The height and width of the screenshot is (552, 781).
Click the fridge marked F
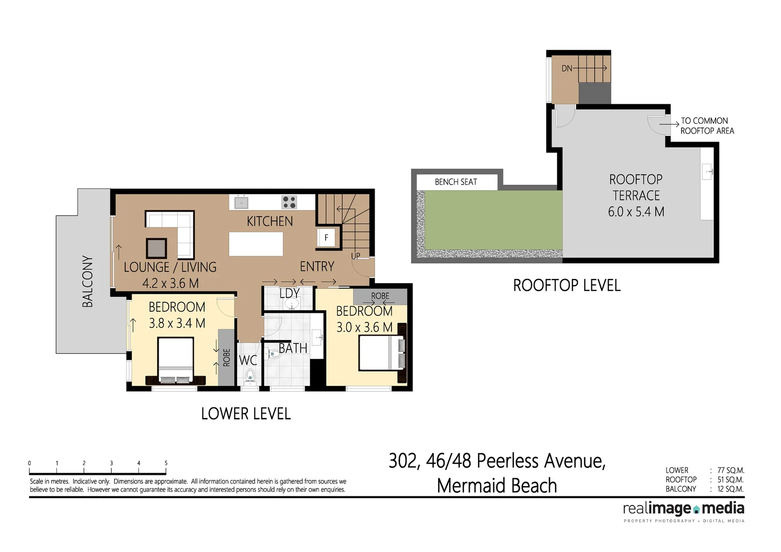pyautogui.click(x=326, y=238)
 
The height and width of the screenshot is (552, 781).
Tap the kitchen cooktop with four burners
pyautogui.click(x=289, y=202)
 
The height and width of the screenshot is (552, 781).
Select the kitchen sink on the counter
pyautogui.click(x=241, y=202)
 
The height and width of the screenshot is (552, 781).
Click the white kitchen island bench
pyautogui.click(x=256, y=244)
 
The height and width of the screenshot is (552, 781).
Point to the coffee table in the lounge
pyautogui.click(x=156, y=248)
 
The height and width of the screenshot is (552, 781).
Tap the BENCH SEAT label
pyautogui.click(x=456, y=182)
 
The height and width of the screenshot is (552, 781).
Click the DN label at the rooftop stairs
pyautogui.click(x=567, y=68)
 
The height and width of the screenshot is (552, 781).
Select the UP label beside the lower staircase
pyautogui.click(x=355, y=256)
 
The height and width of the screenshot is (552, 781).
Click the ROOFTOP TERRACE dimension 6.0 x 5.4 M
pyautogui.click(x=636, y=212)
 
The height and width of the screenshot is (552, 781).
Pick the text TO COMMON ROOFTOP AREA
pyautogui.click(x=707, y=126)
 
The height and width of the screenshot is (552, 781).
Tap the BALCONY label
pyautogui.click(x=88, y=281)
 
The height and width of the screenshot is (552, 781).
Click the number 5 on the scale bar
pyautogui.click(x=166, y=463)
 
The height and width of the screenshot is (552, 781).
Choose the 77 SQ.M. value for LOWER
pyautogui.click(x=730, y=470)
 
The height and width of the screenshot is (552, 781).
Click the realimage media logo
pyautogui.click(x=683, y=509)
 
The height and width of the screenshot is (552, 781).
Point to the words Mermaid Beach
pyautogui.click(x=497, y=486)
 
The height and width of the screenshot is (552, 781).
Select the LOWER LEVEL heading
pyautogui.click(x=246, y=413)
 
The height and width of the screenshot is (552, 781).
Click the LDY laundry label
pyautogui.click(x=289, y=293)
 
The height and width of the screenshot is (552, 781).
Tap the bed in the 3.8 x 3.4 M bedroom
pyautogui.click(x=175, y=360)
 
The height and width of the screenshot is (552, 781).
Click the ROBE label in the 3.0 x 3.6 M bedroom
pyautogui.click(x=380, y=296)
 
